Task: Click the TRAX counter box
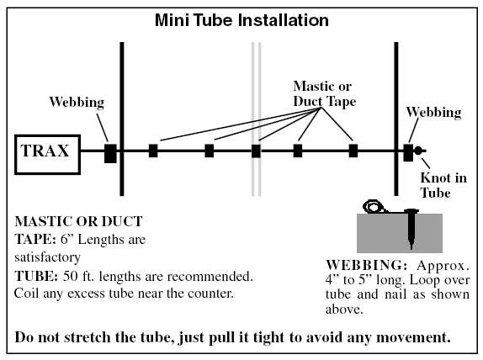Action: tap(47, 155)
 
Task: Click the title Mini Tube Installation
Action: tap(241, 20)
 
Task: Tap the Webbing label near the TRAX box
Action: tap(77, 103)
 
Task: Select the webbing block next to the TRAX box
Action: tap(110, 153)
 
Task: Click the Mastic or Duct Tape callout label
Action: tap(324, 93)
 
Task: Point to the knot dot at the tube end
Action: tap(417, 151)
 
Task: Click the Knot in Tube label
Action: tap(443, 185)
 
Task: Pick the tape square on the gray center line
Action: tap(256, 151)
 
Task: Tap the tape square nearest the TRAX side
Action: tap(153, 151)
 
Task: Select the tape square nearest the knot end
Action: tap(353, 151)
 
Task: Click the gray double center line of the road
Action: tap(257, 119)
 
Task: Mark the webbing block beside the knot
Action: tap(408, 152)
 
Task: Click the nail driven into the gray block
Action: tap(411, 228)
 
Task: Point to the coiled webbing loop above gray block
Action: tap(374, 206)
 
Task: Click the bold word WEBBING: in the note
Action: tap(366, 265)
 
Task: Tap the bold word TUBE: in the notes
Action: tap(36, 276)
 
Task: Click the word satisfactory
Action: tap(47, 257)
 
